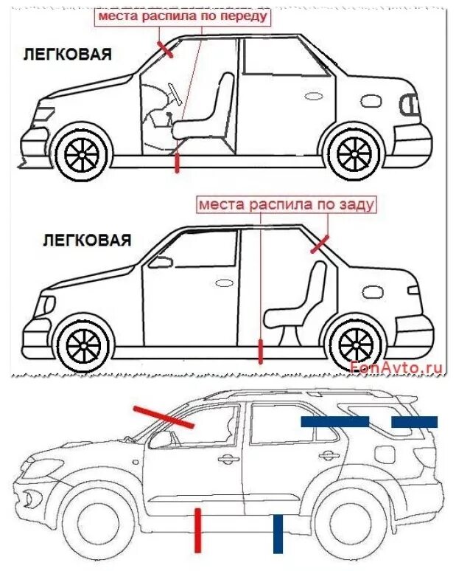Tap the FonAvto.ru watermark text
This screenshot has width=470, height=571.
397,366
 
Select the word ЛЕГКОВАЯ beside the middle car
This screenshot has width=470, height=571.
87,240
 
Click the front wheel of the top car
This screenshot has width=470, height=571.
81,153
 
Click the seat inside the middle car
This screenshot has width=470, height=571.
301,303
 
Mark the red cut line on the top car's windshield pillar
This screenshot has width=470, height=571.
164,49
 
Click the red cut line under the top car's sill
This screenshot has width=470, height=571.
177,162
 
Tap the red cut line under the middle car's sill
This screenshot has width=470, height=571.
260,351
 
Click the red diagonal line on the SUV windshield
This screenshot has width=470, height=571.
164,416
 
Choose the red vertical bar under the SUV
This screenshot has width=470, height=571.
197,530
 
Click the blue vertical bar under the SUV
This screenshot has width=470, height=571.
278,533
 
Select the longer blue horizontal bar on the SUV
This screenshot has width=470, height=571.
334,421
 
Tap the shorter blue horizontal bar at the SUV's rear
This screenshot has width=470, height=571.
414,422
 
